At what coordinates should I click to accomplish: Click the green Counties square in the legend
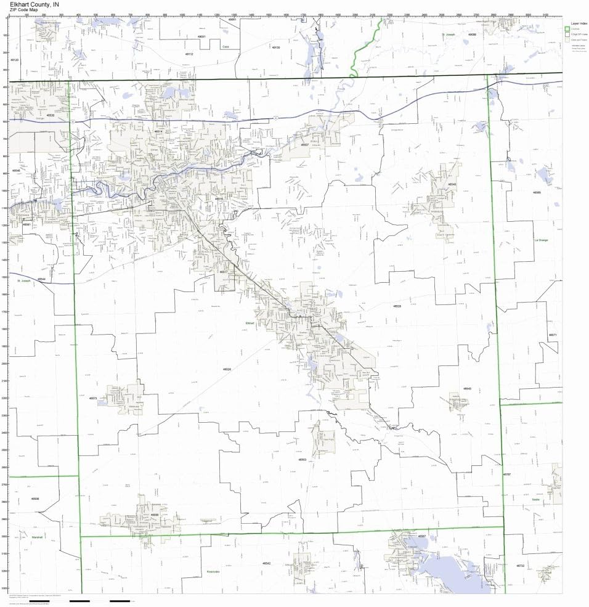click(x=567, y=29)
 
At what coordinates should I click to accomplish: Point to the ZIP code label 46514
click(x=158, y=131)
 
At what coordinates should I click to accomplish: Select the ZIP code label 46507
click(x=304, y=145)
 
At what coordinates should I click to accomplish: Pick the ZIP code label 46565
click(x=537, y=192)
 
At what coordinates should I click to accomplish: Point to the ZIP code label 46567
click(x=421, y=536)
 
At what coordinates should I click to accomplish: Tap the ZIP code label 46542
click(x=266, y=563)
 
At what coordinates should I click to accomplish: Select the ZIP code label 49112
click(x=189, y=54)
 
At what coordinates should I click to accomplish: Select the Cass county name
click(x=226, y=46)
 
